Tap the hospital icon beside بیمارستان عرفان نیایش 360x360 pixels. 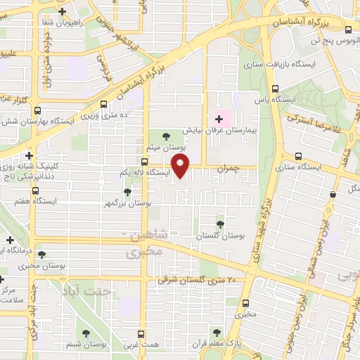point(219,118)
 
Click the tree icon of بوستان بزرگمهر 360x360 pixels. point(127,191)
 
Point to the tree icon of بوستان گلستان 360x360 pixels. point(222,224)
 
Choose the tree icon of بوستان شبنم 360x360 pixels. point(86,334)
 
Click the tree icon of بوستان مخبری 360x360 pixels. point(42,255)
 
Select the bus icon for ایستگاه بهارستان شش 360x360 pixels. point(37,110)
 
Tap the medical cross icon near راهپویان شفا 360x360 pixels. point(63,12)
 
